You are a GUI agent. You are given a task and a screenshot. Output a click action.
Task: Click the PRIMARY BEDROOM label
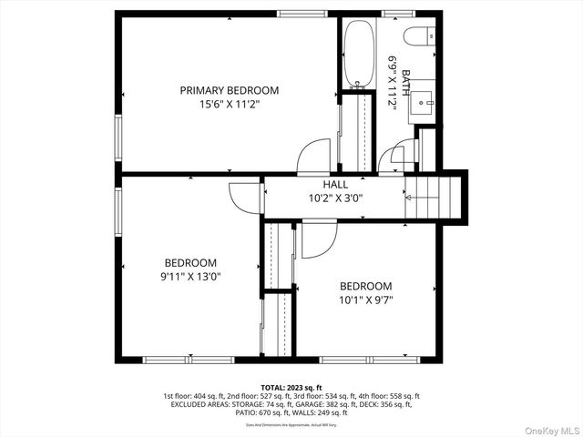click(229, 90)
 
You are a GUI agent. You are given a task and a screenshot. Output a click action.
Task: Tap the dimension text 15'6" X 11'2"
click(229, 104)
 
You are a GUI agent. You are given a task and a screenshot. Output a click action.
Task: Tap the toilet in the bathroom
click(422, 38)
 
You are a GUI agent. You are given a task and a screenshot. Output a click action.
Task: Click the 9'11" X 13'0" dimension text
click(185, 276)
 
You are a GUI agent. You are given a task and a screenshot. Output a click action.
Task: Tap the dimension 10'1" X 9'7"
click(365, 299)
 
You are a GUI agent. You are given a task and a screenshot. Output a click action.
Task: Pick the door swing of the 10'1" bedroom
click(319, 238)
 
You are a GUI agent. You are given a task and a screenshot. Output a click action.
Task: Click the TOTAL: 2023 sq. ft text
click(291, 387)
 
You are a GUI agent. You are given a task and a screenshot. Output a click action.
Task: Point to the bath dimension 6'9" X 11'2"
click(394, 82)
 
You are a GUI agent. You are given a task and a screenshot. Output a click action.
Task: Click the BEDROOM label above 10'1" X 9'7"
click(365, 285)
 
